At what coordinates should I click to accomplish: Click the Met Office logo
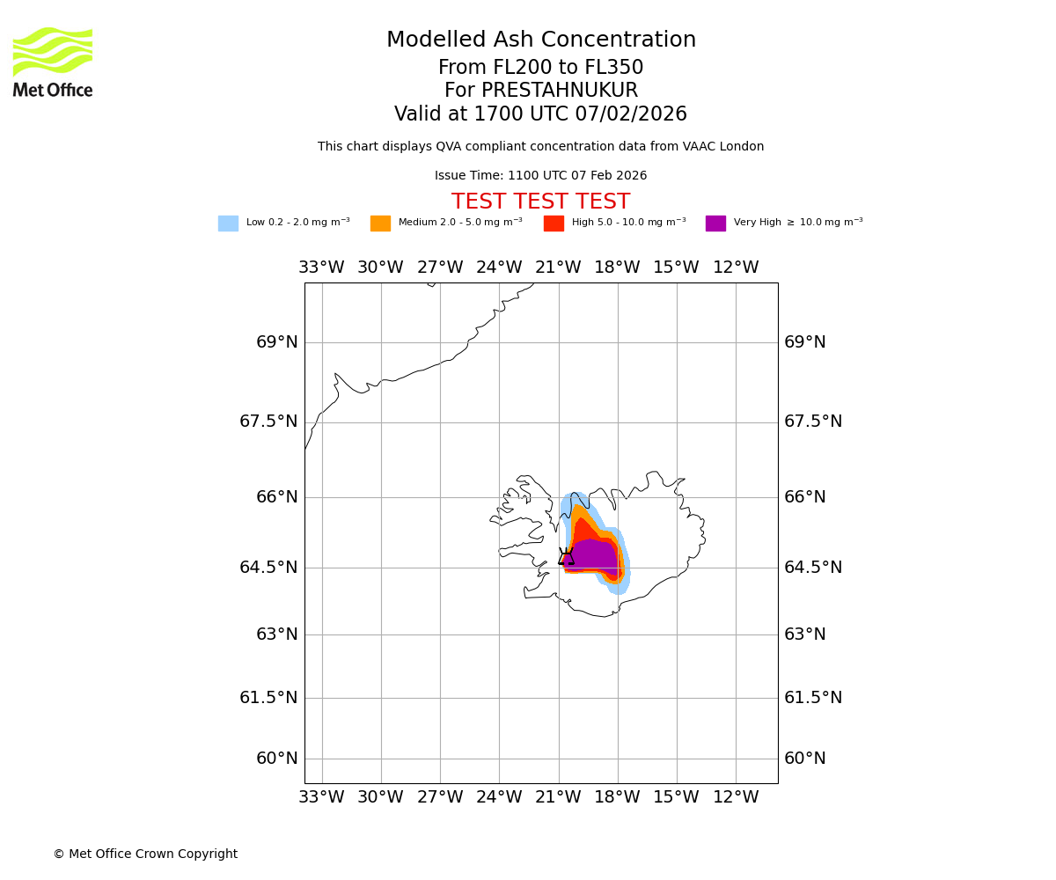(53, 62)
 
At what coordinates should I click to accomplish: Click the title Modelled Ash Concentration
(541, 40)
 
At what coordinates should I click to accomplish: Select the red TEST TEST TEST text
(540, 202)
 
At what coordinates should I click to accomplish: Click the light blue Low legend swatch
(228, 224)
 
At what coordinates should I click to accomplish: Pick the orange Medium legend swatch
(380, 224)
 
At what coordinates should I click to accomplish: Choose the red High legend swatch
(554, 224)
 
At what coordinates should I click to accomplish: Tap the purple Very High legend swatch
(715, 224)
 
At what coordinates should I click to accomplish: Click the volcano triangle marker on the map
(566, 557)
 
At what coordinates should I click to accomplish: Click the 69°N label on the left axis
(276, 342)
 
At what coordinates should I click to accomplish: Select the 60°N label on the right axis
(804, 759)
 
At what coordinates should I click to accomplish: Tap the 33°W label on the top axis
(321, 268)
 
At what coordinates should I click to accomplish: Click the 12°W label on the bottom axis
(736, 797)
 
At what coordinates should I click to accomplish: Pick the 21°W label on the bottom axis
(558, 797)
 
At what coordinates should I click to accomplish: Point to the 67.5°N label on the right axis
(812, 422)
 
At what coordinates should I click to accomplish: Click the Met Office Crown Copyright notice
(145, 854)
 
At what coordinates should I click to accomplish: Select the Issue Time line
(540, 176)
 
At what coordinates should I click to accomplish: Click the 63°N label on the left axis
(276, 634)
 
